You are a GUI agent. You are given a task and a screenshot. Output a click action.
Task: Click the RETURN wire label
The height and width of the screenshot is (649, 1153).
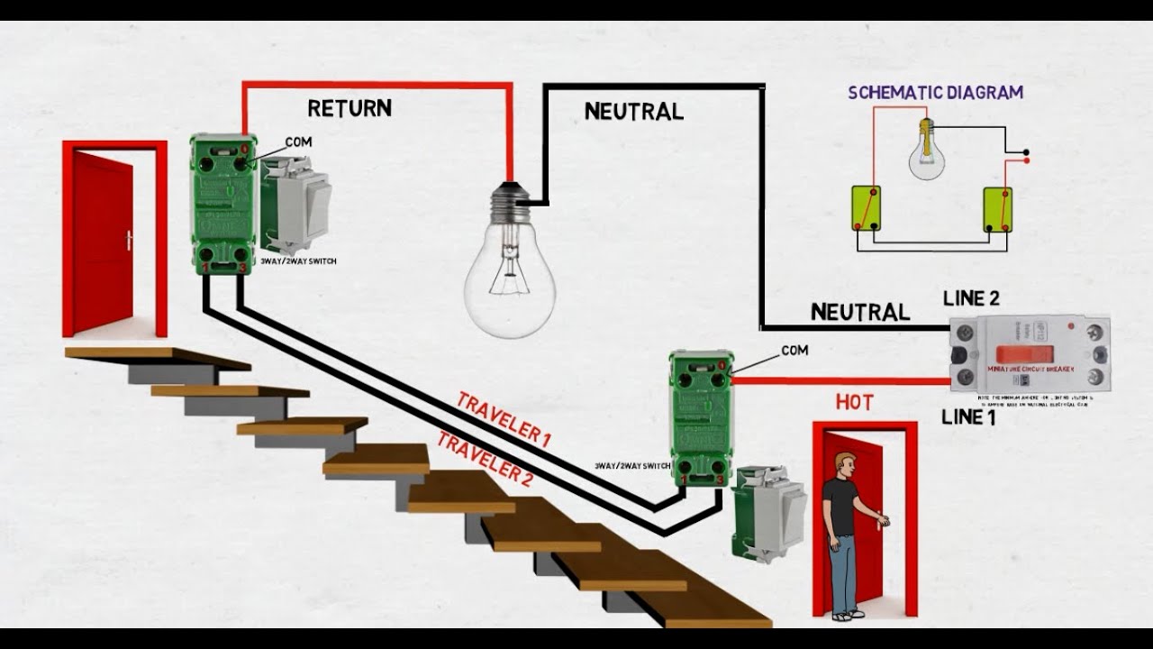pos(350,109)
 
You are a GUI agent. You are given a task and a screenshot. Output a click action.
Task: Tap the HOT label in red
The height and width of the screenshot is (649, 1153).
pos(854,403)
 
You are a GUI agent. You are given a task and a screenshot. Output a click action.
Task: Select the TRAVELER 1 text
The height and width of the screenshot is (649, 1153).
pos(504,419)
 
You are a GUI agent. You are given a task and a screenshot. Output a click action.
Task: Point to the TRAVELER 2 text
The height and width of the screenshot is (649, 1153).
pos(485,458)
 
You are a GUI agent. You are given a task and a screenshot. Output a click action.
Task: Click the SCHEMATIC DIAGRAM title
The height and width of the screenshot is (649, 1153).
pos(935,93)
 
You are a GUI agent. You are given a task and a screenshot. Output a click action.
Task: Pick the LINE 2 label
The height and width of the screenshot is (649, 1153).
pos(971,299)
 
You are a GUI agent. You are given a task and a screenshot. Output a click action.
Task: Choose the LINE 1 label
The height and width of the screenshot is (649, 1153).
pos(968,417)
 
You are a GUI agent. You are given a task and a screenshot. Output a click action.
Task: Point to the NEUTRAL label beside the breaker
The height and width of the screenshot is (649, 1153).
pos(859,312)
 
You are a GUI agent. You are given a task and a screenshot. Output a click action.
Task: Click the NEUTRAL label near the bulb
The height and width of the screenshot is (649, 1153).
pos(633,112)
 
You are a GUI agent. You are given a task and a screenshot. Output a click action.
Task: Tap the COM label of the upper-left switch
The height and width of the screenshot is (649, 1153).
pos(298,142)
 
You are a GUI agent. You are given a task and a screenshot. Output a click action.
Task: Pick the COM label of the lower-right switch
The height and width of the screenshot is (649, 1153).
pos(794,350)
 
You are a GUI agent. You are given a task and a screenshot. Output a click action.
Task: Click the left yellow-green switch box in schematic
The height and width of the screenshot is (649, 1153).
pos(866,208)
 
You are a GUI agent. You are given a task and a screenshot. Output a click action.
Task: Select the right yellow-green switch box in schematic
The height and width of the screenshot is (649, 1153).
pos(996,209)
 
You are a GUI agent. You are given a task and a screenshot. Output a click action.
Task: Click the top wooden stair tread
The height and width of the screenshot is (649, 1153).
pos(158,358)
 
